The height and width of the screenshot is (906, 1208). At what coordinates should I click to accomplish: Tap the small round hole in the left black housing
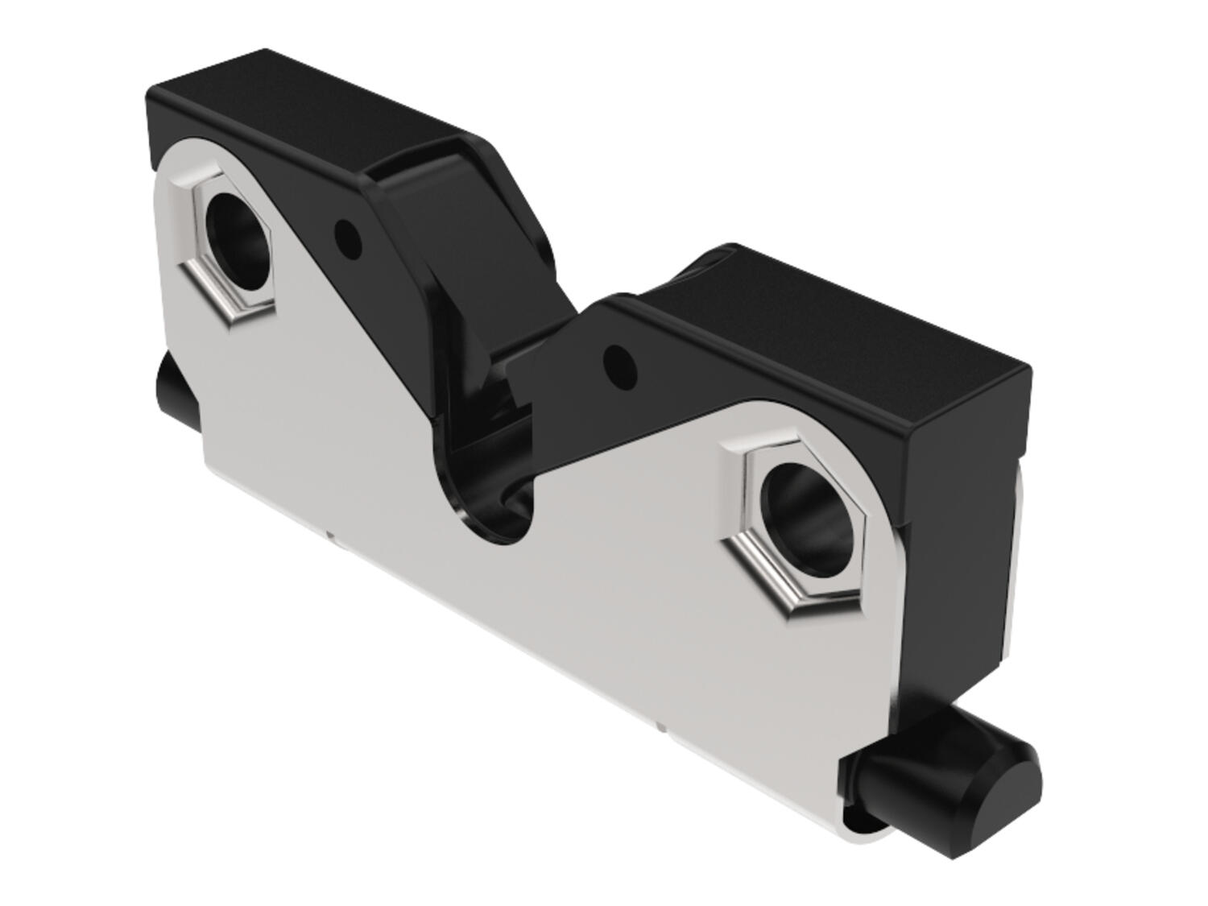pos(347,236)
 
